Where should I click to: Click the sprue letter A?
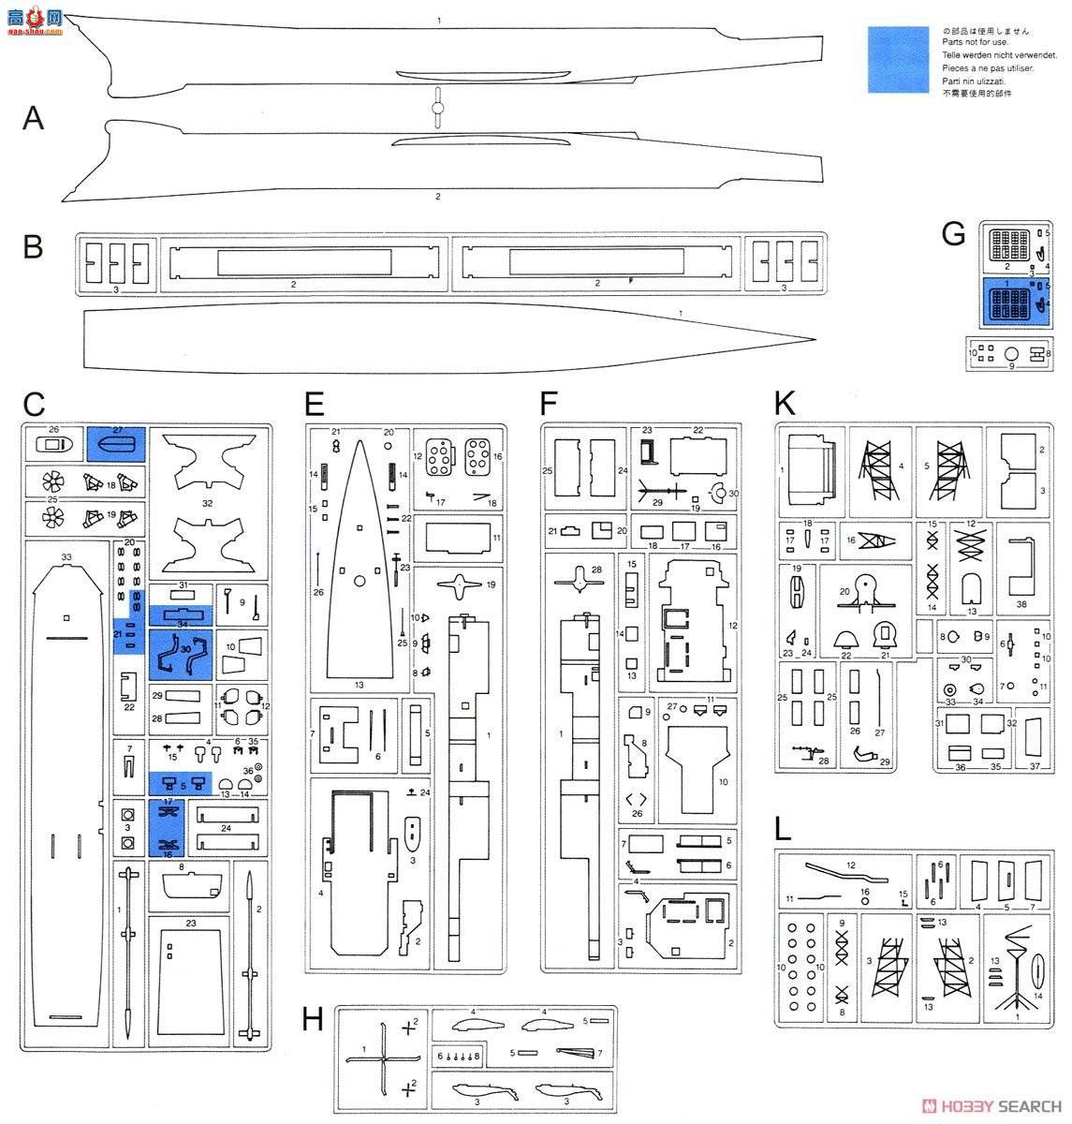tap(34, 118)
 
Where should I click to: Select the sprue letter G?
tap(953, 233)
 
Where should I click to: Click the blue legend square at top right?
tap(898, 59)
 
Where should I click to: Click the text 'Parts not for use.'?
tap(975, 42)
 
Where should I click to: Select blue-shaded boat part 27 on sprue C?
tap(115, 443)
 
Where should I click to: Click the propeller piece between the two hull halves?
tap(435, 109)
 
